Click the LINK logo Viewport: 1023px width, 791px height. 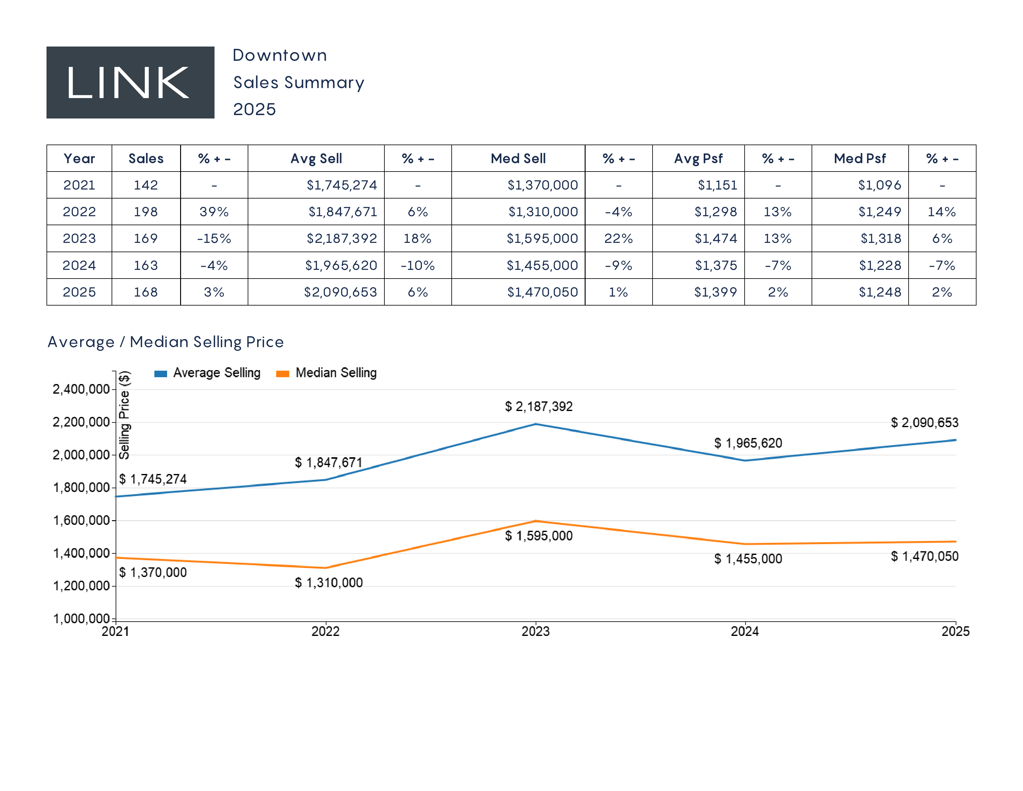130,83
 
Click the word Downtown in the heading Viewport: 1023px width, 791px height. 280,55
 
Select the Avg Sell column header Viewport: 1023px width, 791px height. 316,159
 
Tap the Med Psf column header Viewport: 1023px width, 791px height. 860,159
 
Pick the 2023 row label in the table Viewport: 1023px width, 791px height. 79,239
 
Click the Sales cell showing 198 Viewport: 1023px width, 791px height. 146,212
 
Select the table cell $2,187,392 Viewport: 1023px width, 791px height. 342,239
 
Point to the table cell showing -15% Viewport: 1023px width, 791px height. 214,239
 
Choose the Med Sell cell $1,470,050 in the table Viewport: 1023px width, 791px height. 542,292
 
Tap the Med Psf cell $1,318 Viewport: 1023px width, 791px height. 881,239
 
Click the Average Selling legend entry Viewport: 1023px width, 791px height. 207,373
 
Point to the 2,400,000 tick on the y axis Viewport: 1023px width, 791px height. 81,389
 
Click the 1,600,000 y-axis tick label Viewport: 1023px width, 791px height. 81,520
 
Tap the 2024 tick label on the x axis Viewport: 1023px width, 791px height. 745,631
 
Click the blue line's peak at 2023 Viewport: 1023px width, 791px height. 536,424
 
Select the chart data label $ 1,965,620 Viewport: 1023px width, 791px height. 748,443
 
